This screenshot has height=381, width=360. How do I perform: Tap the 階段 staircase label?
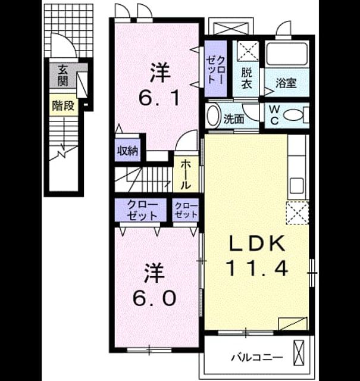[x=63, y=106]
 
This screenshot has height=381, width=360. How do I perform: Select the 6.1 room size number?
[x=159, y=98]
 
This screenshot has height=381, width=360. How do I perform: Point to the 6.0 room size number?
[x=155, y=298]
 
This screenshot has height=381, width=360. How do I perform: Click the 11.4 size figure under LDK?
[x=258, y=268]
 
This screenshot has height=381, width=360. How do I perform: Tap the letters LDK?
[x=258, y=243]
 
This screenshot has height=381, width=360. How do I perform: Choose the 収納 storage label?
[x=128, y=151]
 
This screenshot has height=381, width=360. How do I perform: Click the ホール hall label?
[x=186, y=174]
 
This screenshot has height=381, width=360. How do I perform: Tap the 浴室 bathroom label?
[x=286, y=83]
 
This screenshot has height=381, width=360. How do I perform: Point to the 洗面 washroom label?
[x=234, y=119]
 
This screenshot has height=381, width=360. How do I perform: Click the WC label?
[x=274, y=115]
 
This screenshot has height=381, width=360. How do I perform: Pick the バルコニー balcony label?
[x=257, y=357]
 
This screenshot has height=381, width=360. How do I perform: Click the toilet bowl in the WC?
[x=294, y=115]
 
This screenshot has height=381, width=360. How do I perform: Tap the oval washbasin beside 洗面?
[x=213, y=115]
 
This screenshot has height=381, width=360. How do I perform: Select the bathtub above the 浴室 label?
[x=286, y=54]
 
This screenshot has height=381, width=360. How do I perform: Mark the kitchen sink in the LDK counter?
[x=296, y=185]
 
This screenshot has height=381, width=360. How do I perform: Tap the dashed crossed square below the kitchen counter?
[x=298, y=213]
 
